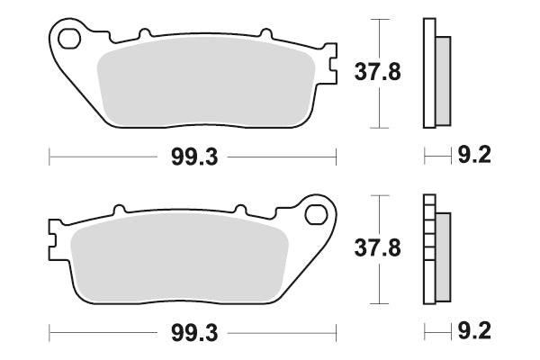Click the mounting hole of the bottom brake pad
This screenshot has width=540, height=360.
(315, 213)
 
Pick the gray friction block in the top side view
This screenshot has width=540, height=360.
(443, 80)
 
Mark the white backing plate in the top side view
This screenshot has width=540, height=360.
(428, 72)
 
